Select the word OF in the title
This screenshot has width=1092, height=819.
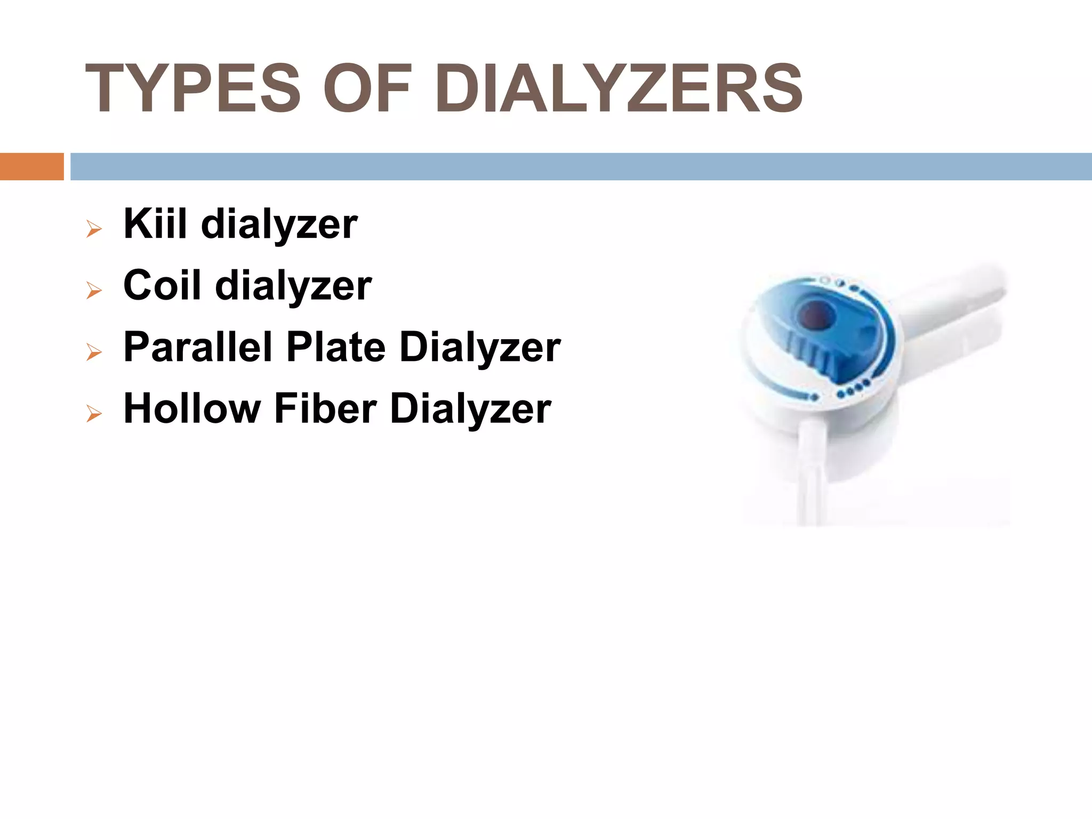(367, 89)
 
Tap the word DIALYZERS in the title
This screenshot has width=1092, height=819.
(619, 89)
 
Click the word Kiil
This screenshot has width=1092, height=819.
(155, 223)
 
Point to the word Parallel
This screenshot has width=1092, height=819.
(198, 347)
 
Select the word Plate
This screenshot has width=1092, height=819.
(336, 347)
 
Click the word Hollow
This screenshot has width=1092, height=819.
(191, 408)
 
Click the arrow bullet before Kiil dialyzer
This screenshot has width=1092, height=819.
(94, 230)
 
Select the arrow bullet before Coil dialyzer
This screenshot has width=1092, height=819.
(94, 291)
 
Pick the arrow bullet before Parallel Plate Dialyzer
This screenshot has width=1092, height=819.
(94, 352)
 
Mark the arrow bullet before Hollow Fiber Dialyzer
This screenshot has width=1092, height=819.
(94, 414)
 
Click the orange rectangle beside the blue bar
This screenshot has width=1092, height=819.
(31, 166)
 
